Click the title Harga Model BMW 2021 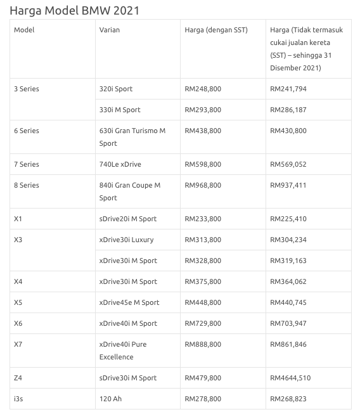(x=75, y=10)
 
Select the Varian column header (x=110, y=30)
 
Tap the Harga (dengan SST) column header (x=215, y=30)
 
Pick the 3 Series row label (x=27, y=89)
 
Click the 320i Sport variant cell (x=116, y=89)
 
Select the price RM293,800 (x=203, y=110)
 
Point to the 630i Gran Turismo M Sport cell (x=132, y=137)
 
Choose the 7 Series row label (x=27, y=164)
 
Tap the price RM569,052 (x=288, y=164)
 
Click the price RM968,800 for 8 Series (x=203, y=185)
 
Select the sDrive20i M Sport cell (x=128, y=219)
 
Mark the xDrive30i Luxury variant (x=127, y=240)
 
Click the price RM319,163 (x=288, y=261)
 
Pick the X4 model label (x=18, y=281)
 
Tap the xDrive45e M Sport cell (x=129, y=302)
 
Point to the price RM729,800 (x=203, y=323)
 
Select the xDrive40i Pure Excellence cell (x=123, y=351)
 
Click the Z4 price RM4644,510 (x=290, y=378)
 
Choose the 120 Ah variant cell (x=110, y=399)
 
